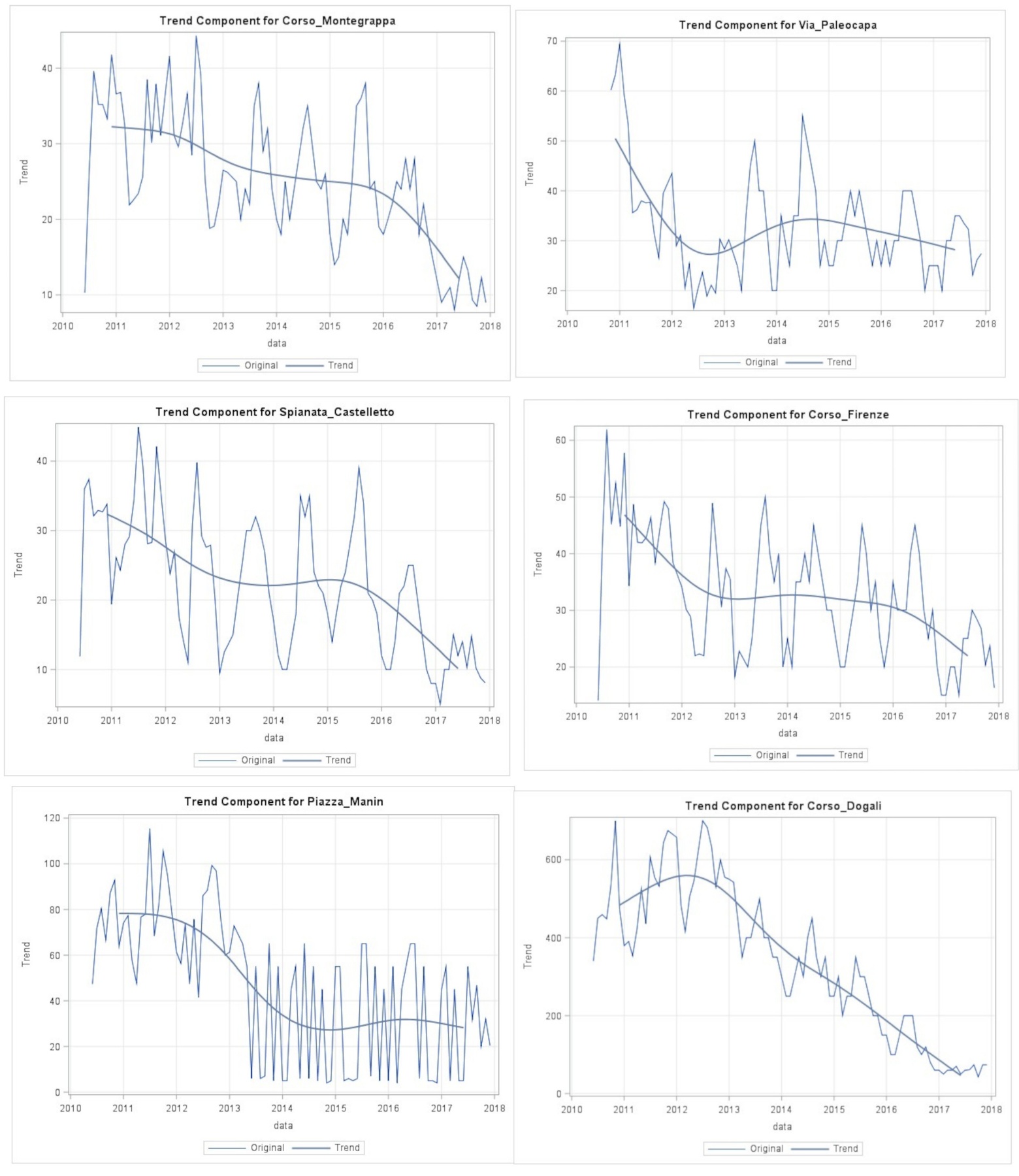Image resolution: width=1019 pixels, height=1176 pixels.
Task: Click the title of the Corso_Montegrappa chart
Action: click(x=277, y=21)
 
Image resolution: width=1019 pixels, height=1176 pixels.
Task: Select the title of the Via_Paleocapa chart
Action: click(x=777, y=25)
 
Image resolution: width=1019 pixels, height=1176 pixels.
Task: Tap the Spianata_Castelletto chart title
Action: click(x=274, y=412)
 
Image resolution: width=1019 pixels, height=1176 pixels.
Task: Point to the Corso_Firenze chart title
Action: click(x=788, y=415)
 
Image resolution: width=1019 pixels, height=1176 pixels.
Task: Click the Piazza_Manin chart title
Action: click(x=283, y=802)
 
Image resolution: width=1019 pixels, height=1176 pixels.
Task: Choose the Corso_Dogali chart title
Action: click(x=783, y=806)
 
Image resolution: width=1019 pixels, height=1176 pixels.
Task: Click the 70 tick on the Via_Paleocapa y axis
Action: click(x=552, y=41)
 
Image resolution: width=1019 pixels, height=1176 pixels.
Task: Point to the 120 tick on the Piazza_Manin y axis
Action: click(x=52, y=818)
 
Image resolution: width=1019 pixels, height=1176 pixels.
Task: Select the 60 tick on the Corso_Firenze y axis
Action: click(x=560, y=440)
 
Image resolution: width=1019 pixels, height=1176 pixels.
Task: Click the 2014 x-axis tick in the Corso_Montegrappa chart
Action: click(x=276, y=326)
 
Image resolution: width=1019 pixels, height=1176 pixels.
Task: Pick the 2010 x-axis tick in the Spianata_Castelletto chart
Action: click(x=57, y=721)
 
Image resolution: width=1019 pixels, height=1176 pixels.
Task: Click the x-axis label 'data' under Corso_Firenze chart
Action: click(x=787, y=734)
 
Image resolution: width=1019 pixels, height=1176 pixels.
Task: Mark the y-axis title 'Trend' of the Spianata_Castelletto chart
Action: click(x=18, y=564)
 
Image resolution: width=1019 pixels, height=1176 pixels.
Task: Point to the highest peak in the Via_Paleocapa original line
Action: click(x=619, y=43)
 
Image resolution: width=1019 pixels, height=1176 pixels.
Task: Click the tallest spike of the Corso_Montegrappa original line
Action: click(x=196, y=37)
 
